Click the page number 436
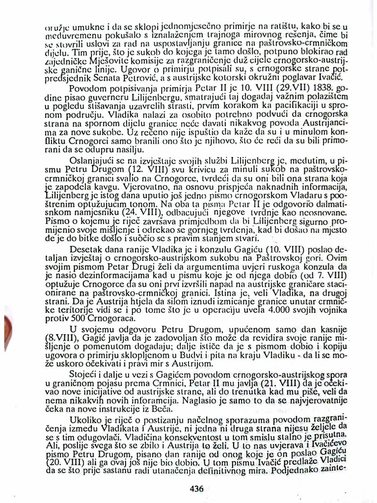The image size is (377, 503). click(196, 488)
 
